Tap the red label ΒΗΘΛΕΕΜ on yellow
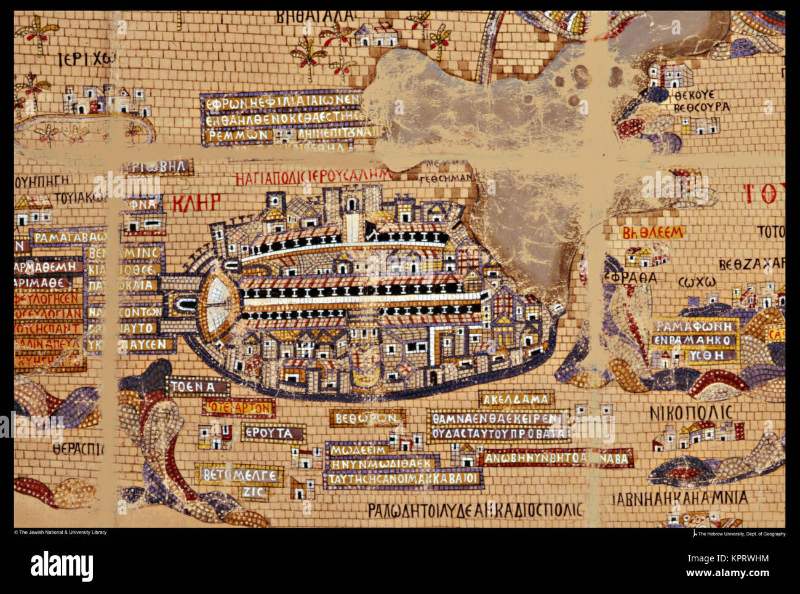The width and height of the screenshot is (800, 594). (644, 232)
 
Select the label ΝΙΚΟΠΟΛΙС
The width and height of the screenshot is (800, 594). (691, 412)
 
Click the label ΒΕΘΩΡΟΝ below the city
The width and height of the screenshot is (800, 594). (366, 419)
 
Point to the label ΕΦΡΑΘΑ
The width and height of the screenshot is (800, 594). (630, 278)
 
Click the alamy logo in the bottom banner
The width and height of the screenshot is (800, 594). (62, 564)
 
